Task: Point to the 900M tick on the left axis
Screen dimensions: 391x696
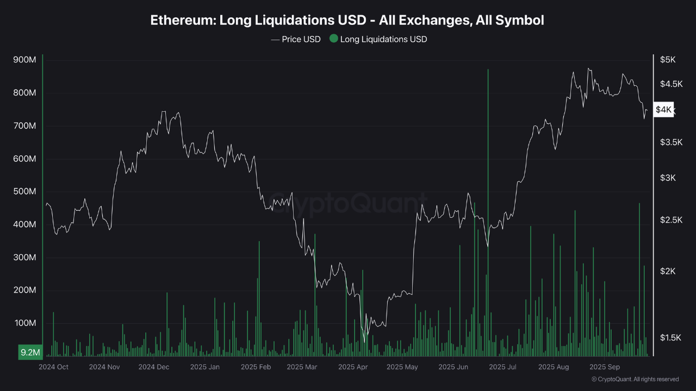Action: [24, 60]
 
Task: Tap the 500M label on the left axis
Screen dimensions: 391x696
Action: [24, 192]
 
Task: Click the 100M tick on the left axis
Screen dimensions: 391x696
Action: [24, 323]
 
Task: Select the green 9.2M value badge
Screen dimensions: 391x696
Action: [30, 352]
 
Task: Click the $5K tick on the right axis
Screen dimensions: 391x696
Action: [667, 60]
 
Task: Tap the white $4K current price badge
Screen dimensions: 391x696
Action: [664, 110]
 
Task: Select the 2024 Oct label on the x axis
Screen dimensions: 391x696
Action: [53, 367]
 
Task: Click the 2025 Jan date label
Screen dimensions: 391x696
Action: [205, 367]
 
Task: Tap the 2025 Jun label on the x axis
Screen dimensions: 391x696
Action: [453, 367]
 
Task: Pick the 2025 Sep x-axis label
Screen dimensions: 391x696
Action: [605, 367]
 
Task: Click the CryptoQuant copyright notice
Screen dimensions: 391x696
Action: [635, 379]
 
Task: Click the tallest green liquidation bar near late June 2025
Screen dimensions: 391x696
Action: [488, 212]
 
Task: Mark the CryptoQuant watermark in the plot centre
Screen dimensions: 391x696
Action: [348, 205]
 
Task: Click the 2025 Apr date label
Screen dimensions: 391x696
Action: [353, 367]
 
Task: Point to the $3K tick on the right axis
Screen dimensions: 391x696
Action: [667, 178]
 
